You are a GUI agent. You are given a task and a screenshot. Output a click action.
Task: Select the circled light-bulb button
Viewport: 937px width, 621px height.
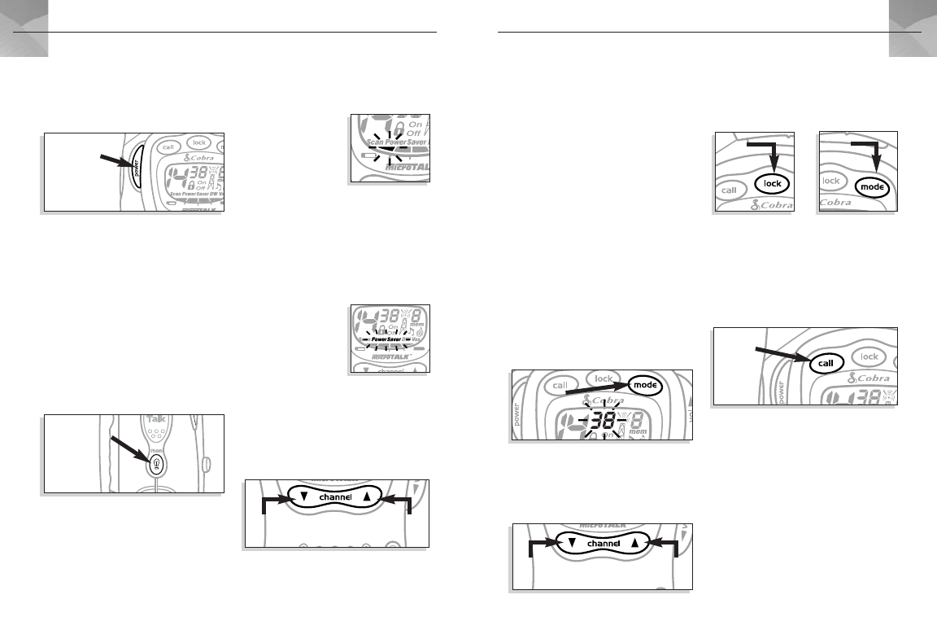click(x=156, y=464)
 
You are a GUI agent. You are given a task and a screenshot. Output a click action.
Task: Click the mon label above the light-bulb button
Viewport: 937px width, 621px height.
click(x=156, y=447)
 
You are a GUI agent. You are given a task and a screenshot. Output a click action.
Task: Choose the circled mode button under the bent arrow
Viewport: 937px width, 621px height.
click(x=871, y=187)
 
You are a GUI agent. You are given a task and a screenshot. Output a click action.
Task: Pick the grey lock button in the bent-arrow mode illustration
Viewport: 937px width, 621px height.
click(x=830, y=181)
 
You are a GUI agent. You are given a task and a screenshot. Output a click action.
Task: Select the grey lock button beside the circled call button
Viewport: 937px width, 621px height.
click(x=869, y=356)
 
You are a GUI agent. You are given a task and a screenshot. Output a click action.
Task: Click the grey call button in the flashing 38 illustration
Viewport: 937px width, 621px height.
click(x=560, y=383)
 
